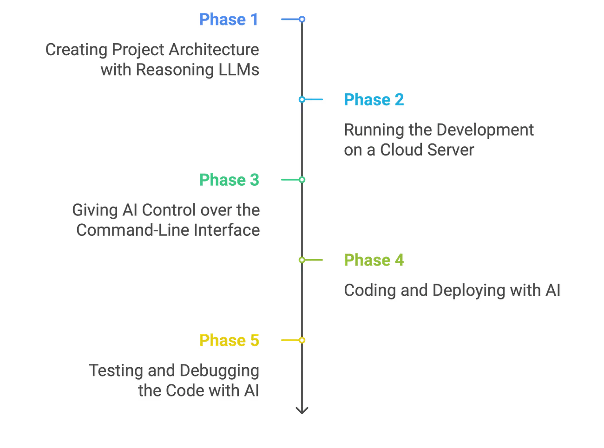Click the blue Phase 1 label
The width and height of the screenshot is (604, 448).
pyautogui.click(x=229, y=19)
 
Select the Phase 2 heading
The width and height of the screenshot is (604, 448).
pyautogui.click(x=374, y=100)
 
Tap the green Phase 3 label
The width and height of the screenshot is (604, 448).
pyautogui.click(x=228, y=180)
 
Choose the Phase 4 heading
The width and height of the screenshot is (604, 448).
pyautogui.click(x=374, y=260)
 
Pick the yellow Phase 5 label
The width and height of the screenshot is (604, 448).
pyautogui.click(x=229, y=340)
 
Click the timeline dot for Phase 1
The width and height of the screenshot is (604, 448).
pyautogui.click(x=302, y=19)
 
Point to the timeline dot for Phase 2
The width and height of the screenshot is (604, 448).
pyautogui.click(x=302, y=99)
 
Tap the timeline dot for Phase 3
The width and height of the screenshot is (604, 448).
pyautogui.click(x=302, y=180)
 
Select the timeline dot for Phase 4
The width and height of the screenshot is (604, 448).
pyautogui.click(x=302, y=260)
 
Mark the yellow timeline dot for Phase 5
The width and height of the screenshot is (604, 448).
pyautogui.click(x=302, y=340)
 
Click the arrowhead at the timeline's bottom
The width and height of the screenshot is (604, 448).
pyautogui.click(x=302, y=409)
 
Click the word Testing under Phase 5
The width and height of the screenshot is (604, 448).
pyautogui.click(x=117, y=371)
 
